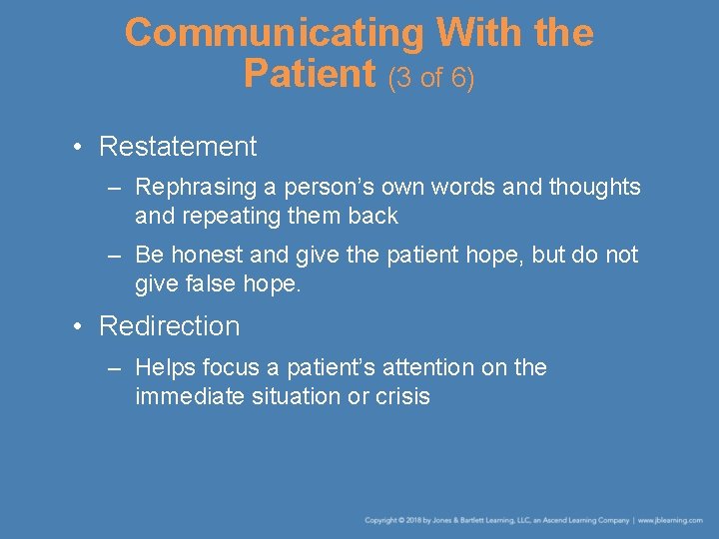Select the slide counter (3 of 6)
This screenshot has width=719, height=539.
431,77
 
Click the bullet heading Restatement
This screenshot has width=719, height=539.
178,147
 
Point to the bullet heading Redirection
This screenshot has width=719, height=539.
170,326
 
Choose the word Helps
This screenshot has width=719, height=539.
165,367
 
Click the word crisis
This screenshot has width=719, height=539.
403,396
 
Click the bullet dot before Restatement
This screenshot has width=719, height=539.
77,148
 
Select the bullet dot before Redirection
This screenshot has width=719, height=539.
77,327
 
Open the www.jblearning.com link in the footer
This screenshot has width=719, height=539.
670,520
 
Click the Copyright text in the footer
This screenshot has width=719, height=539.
383,520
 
